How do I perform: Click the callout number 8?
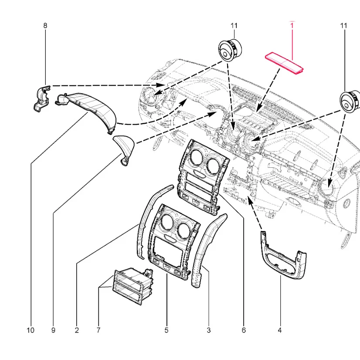(45, 25)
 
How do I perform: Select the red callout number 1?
(292, 25)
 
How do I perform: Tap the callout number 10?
(31, 330)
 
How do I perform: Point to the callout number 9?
(53, 330)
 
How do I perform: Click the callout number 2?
(77, 330)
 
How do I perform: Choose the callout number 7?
(98, 330)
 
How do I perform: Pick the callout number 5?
(166, 330)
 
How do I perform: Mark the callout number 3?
(208, 330)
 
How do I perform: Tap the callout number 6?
(244, 330)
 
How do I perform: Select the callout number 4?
(280, 330)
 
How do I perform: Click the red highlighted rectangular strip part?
(284, 63)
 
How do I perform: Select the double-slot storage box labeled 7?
(132, 286)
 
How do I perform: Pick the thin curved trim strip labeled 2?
(146, 221)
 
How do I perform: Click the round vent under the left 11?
(230, 50)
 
